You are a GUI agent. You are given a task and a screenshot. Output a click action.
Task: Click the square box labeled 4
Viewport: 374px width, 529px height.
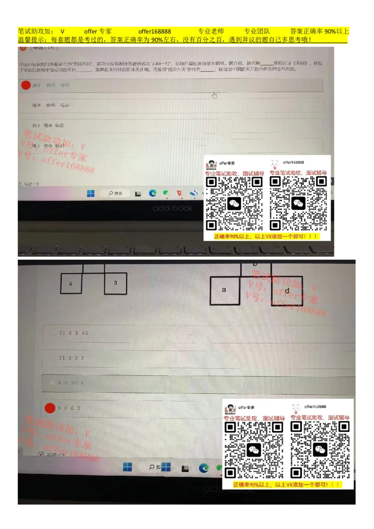point(71,284)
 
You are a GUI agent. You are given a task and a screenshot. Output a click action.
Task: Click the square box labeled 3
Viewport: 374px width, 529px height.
point(115,283)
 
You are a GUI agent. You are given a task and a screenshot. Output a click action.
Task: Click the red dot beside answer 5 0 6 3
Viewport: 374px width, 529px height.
point(50,408)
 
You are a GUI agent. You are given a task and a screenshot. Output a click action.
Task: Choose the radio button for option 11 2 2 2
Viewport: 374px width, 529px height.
point(53,358)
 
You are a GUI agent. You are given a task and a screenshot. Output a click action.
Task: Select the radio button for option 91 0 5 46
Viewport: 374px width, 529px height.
point(53,333)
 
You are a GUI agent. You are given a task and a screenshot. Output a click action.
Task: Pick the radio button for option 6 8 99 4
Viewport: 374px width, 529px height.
point(53,383)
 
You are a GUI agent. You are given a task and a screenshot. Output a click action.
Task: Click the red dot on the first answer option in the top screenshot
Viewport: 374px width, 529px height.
point(26,85)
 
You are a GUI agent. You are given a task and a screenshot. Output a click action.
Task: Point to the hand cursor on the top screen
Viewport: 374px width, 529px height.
point(214,95)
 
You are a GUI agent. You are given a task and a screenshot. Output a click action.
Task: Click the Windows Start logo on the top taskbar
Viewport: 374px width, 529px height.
point(91,193)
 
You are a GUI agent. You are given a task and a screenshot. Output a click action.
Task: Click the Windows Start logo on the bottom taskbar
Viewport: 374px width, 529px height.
point(127,467)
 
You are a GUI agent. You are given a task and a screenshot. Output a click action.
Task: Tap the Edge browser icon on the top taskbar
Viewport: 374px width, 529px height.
point(152,193)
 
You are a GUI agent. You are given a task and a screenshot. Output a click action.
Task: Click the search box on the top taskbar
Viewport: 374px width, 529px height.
point(115,193)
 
